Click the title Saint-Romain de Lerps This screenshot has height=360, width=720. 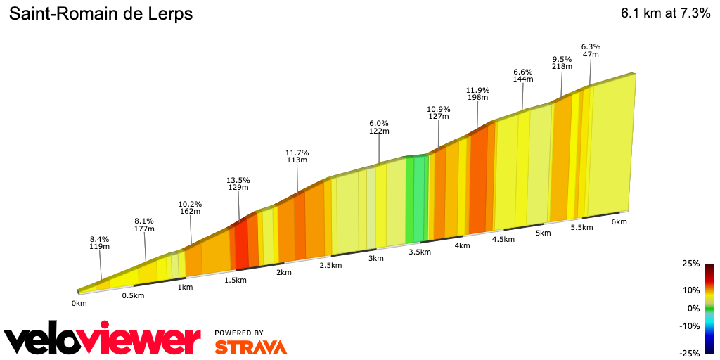100,14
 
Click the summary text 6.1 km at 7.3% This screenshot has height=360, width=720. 665,14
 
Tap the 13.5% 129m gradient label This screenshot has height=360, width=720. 238,184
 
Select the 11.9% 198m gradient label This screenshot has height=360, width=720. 477,94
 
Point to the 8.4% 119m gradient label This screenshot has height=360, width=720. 100,243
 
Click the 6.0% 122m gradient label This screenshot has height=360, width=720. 379,127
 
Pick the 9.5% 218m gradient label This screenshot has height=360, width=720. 562,63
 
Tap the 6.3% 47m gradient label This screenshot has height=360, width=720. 591,51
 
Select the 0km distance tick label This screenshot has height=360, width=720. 79,304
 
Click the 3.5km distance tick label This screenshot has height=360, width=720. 419,252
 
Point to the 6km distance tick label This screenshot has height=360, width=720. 619,221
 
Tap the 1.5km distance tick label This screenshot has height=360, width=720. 236,280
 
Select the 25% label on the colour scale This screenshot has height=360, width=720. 690,264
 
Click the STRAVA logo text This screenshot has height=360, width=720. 250,347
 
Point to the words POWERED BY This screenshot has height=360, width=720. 239,333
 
